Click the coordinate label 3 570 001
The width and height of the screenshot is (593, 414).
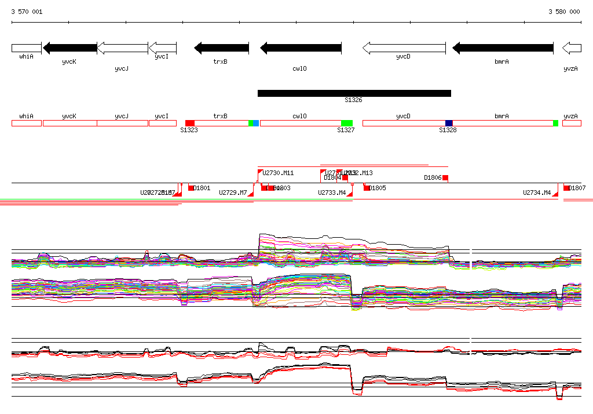[27, 12]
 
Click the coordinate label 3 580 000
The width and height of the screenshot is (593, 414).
[564, 12]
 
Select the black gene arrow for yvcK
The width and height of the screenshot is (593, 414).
[69, 48]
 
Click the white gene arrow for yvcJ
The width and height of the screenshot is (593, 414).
[122, 48]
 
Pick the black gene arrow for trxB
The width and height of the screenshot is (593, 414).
[221, 48]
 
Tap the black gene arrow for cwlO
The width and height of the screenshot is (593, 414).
[301, 48]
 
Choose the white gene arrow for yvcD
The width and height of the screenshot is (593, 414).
[404, 48]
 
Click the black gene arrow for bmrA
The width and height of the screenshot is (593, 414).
[502, 48]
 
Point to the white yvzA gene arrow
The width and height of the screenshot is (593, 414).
[572, 48]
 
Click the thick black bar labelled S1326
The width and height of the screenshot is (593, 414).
[354, 93]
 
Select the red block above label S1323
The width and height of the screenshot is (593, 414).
[190, 123]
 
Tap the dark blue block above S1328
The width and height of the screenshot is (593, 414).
[449, 123]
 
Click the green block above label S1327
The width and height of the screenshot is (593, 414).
[347, 123]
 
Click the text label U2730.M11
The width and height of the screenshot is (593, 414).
[278, 173]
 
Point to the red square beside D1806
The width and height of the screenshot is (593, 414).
[445, 177]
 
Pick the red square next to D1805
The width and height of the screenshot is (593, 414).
[366, 187]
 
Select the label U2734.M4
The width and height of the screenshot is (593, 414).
[537, 193]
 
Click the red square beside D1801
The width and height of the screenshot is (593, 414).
[191, 187]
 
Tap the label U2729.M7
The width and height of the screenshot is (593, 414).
[233, 193]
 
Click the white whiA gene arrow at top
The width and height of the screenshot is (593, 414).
[26, 48]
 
